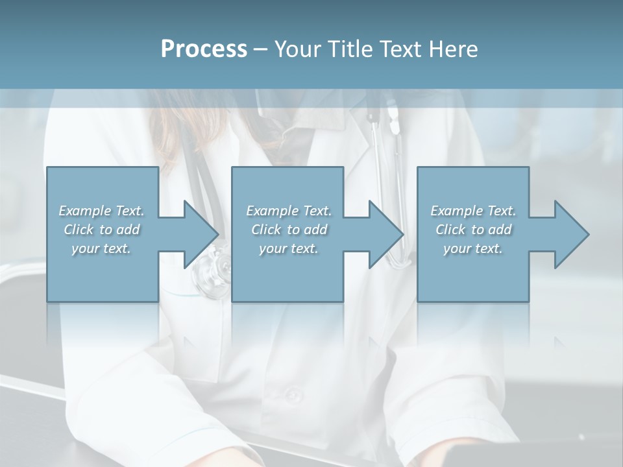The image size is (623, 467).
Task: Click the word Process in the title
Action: pyautogui.click(x=203, y=49)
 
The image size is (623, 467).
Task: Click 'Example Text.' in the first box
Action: pyautogui.click(x=101, y=211)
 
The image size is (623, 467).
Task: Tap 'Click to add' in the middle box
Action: pyautogui.click(x=289, y=230)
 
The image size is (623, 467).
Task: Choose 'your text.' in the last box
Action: pyautogui.click(x=472, y=248)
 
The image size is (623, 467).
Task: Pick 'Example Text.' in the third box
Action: pyautogui.click(x=473, y=211)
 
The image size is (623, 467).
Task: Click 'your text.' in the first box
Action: pyautogui.click(x=101, y=248)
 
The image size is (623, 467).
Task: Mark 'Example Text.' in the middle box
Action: pyautogui.click(x=289, y=211)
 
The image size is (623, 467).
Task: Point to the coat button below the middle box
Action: pyautogui.click(x=293, y=393)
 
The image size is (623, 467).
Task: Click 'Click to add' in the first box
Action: pyautogui.click(x=101, y=230)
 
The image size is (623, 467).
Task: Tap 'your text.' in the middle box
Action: pyautogui.click(x=289, y=248)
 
